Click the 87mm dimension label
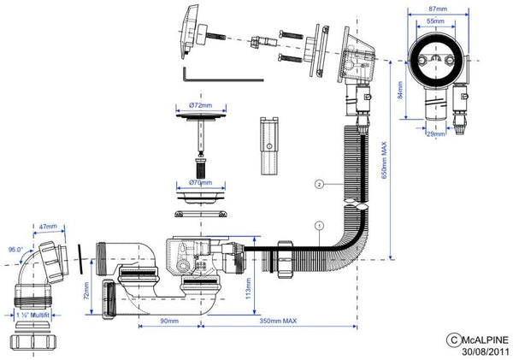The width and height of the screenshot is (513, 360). click(x=438, y=9)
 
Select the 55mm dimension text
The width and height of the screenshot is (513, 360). click(x=435, y=21)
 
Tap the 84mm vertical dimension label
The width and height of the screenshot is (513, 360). click(x=400, y=90)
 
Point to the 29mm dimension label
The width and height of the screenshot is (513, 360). click(x=435, y=133)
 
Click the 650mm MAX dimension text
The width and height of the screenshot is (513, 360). click(x=384, y=160)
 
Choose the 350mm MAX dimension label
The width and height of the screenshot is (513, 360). click(x=278, y=321)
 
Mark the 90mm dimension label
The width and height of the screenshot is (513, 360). click(x=169, y=321)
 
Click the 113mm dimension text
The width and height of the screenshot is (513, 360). click(x=248, y=288)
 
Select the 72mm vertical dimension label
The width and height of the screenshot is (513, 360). click(x=86, y=291)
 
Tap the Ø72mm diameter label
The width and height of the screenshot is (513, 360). click(x=201, y=105)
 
